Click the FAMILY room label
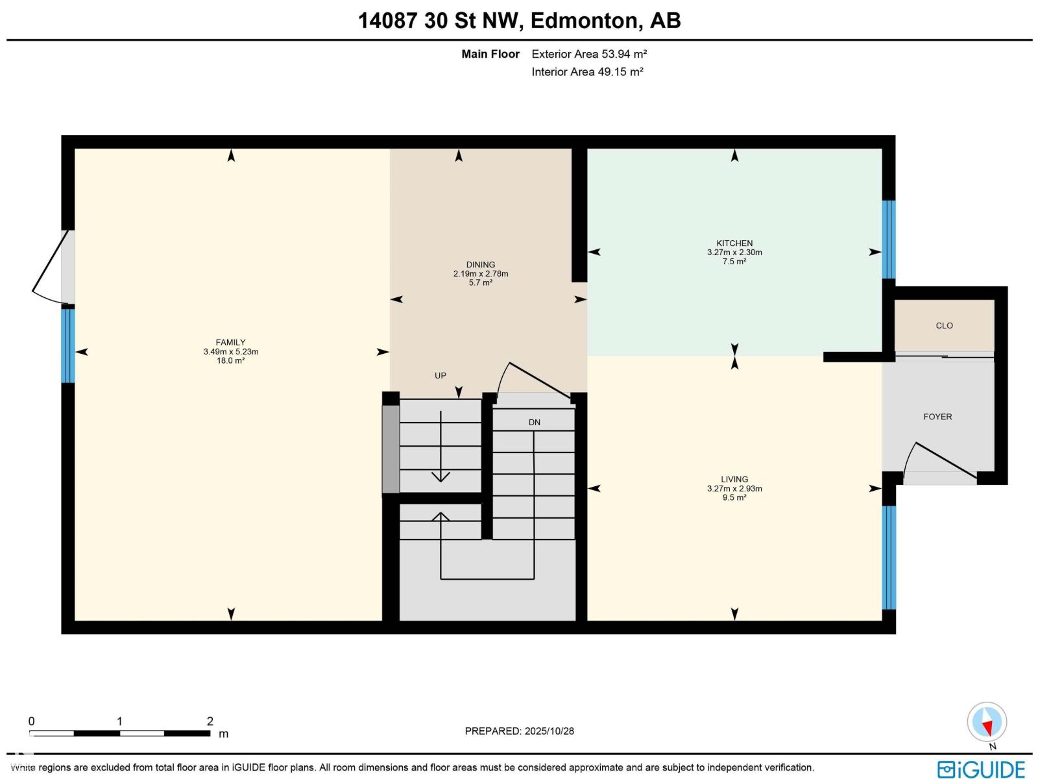[x=230, y=343]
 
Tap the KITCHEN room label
[x=734, y=243]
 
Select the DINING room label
[x=480, y=265]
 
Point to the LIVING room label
[x=734, y=479]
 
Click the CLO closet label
[x=944, y=326]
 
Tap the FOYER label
[x=937, y=417]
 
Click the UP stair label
[x=441, y=376]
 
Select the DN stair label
[x=534, y=423]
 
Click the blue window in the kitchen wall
[x=888, y=240]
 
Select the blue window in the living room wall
[x=888, y=557]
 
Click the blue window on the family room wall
[x=68, y=345]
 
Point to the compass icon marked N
[x=987, y=723]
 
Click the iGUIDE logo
[x=981, y=769]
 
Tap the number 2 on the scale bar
[x=210, y=721]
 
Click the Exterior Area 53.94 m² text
[x=589, y=55]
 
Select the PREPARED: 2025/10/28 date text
[x=519, y=731]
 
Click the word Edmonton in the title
[x=583, y=21]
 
